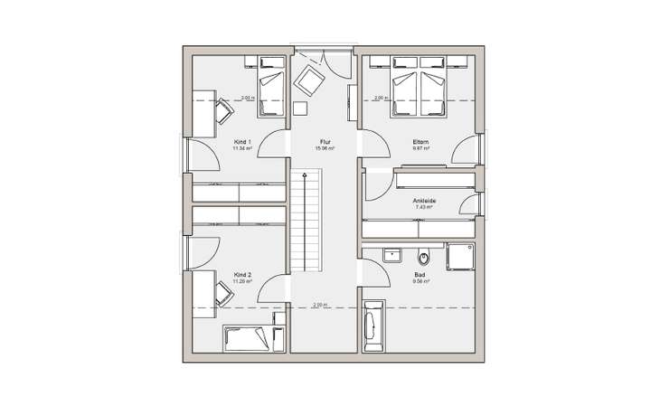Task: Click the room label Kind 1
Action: [x=241, y=142]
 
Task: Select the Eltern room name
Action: [x=420, y=142]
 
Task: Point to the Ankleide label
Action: [x=423, y=201]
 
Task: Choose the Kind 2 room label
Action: [x=241, y=274]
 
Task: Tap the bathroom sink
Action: [x=392, y=254]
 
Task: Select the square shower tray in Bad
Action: [x=460, y=257]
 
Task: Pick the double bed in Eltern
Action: [x=419, y=86]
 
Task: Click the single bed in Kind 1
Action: [x=270, y=86]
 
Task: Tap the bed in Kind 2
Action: [x=245, y=338]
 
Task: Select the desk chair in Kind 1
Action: [x=222, y=109]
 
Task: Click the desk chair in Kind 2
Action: [x=222, y=290]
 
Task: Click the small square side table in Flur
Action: [x=301, y=109]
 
